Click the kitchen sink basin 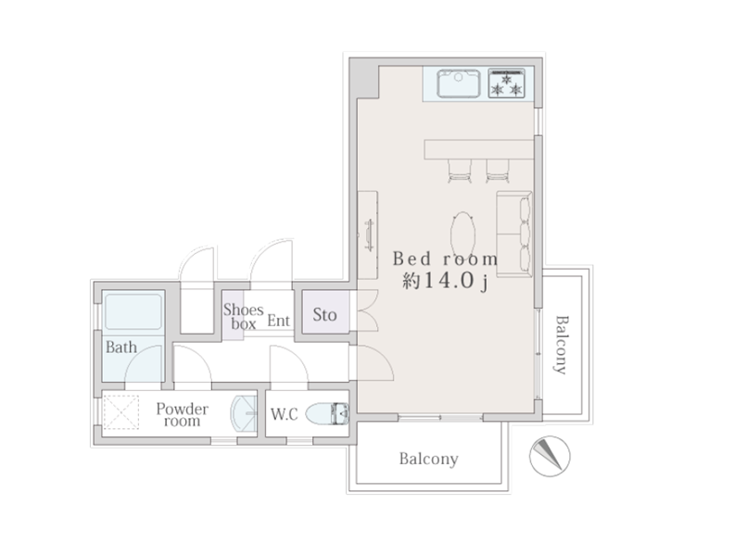(x=458, y=83)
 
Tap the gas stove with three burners (x=506, y=83)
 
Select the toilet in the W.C (x=327, y=413)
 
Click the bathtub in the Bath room (x=133, y=312)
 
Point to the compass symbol (x=550, y=456)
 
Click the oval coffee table (x=462, y=234)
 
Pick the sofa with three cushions (x=514, y=234)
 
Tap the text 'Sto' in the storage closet (x=325, y=314)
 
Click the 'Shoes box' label (x=244, y=317)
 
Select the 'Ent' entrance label (x=278, y=321)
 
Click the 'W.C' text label (x=285, y=414)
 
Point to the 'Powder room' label (x=182, y=414)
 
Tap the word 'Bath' (x=121, y=347)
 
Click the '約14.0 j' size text (x=445, y=281)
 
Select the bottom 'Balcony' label (x=429, y=459)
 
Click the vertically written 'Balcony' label (x=562, y=345)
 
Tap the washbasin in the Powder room (x=244, y=413)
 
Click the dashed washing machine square (x=121, y=412)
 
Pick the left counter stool (x=461, y=171)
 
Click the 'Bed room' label (x=445, y=259)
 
